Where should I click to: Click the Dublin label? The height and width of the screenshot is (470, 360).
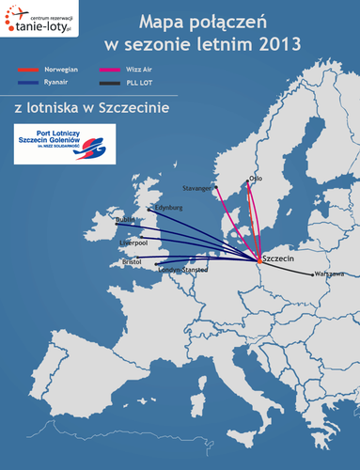point(126,219)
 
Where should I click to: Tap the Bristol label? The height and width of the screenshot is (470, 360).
point(126,262)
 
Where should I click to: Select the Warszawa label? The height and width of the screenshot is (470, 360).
point(328,274)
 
